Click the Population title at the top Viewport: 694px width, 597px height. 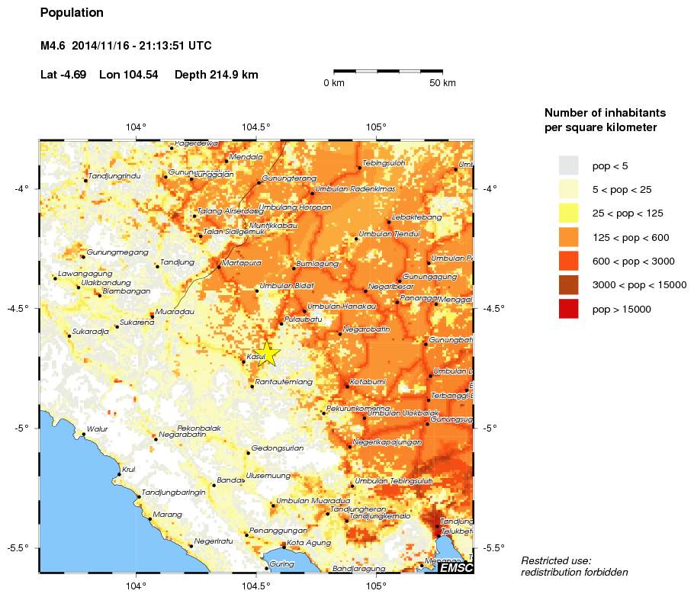point(72,13)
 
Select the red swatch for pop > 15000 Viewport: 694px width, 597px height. point(568,309)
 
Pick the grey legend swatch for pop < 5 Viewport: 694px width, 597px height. point(568,165)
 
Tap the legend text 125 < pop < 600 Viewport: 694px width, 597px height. point(631,238)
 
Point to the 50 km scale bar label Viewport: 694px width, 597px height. point(442,82)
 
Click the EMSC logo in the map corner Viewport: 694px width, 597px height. point(455,567)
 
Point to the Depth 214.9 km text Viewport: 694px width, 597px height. point(216,75)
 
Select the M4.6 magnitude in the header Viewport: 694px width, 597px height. point(53,46)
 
